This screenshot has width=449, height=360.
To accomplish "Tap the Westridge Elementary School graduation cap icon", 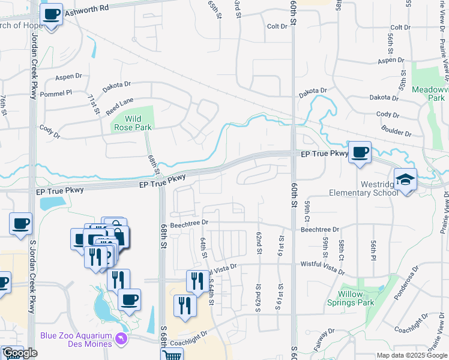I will (x=405, y=179).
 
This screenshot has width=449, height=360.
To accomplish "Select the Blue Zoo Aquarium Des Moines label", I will (x=76, y=340).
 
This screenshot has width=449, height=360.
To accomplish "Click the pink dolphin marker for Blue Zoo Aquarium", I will (x=122, y=340).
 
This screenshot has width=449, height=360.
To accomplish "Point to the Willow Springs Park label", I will (x=356, y=299).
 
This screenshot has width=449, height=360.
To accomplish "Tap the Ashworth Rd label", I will (x=88, y=8).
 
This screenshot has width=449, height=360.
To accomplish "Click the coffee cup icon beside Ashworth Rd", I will (x=52, y=14).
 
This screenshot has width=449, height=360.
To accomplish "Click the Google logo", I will (x=20, y=353).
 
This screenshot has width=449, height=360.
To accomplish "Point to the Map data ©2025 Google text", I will (x=412, y=355).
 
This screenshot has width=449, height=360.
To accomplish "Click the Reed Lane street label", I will (x=119, y=106).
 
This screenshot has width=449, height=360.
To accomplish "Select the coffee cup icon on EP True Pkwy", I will (x=360, y=152).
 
